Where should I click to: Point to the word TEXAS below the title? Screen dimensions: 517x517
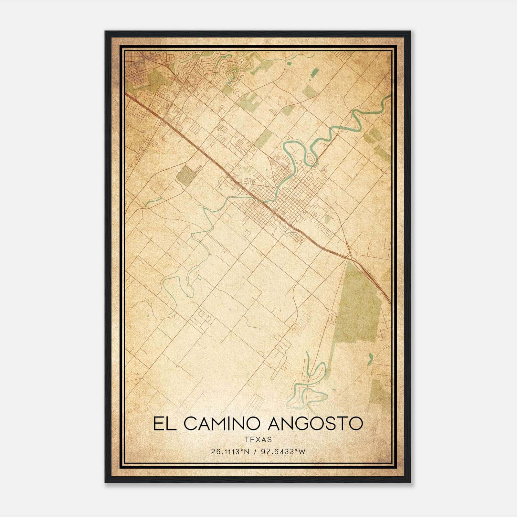[x=258, y=440]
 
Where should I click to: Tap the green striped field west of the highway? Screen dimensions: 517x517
[x=186, y=175]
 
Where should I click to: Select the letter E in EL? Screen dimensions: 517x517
[x=159, y=424]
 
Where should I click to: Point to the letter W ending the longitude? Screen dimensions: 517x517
[x=302, y=451]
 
